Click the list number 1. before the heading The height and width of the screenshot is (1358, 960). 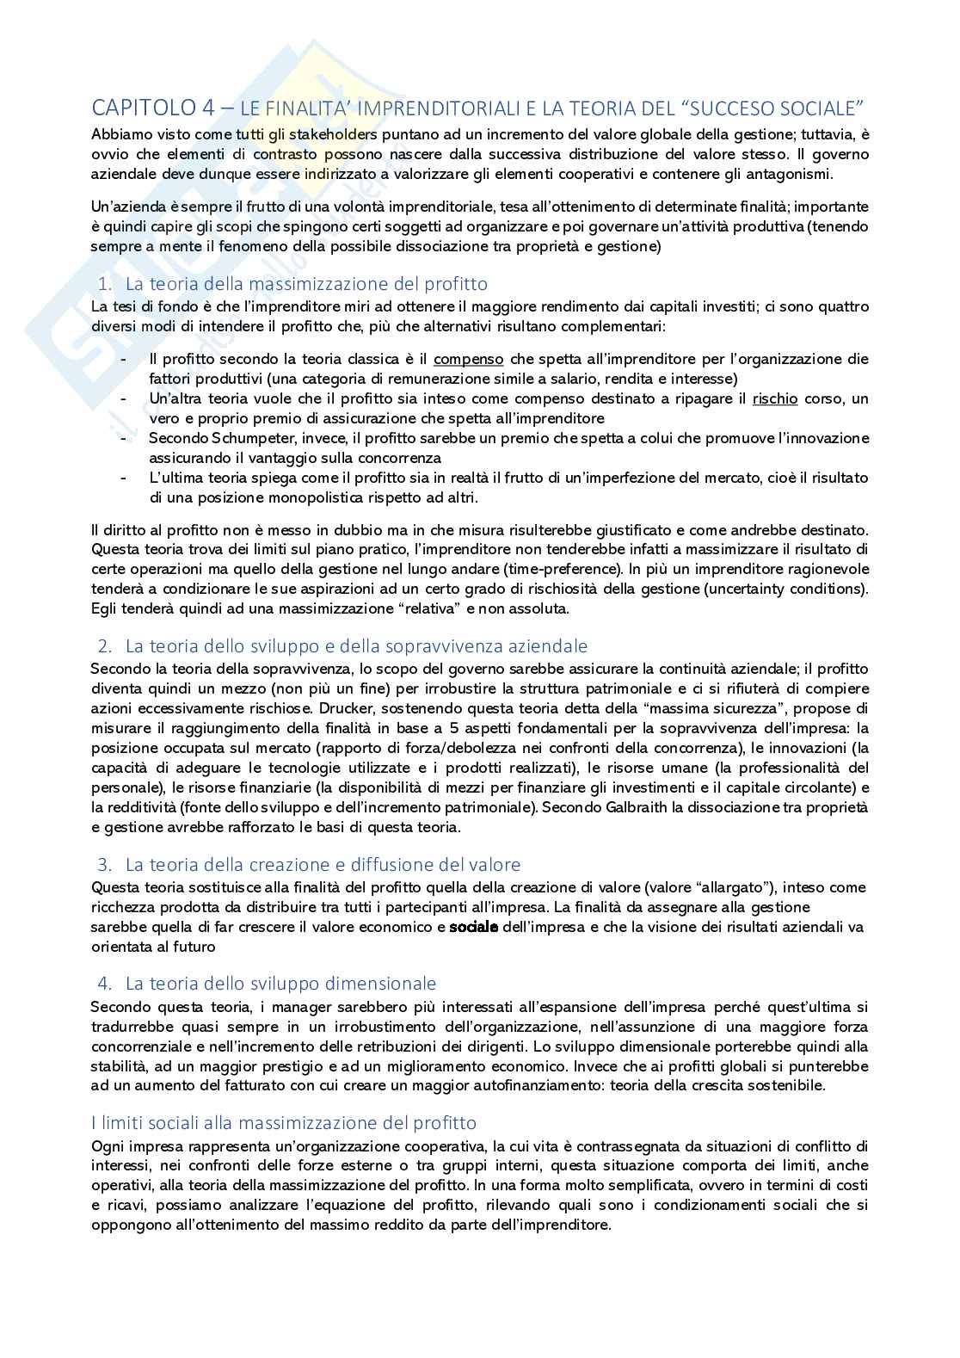(104, 284)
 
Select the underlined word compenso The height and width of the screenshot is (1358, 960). (469, 359)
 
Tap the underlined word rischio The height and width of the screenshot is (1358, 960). (775, 398)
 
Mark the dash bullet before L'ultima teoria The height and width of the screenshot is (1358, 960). (126, 478)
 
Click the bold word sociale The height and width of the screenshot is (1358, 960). (474, 927)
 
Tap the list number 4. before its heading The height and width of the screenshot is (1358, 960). (105, 984)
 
